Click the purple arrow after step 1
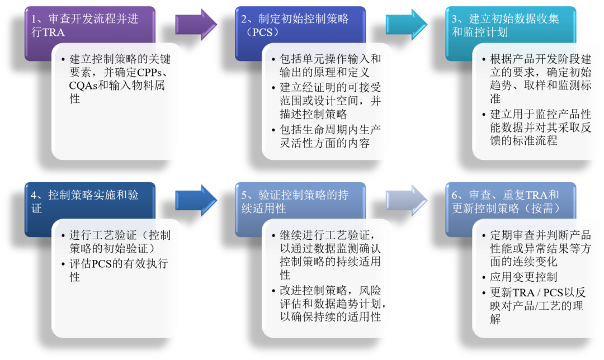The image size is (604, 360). click(x=196, y=25)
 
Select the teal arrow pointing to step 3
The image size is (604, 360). click(x=406, y=25)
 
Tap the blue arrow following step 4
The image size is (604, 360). click(x=196, y=201)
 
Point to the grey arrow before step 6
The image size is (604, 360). click(x=406, y=201)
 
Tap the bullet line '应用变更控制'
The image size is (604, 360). click(x=523, y=277)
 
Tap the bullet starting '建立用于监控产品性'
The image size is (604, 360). click(x=537, y=127)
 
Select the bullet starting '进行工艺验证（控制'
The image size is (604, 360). click(x=120, y=241)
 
